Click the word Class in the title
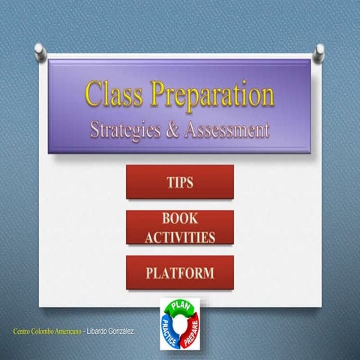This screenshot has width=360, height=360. pos(113,96)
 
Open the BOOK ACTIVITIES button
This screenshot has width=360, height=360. pos(179,227)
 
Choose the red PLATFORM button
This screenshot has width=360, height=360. pos(179,272)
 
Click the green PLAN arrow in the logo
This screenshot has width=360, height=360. pos(178,307)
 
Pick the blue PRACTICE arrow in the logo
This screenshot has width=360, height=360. pos(168,332)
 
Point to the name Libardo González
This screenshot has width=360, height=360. pos(110,331)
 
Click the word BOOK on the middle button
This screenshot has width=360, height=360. pos(179,219)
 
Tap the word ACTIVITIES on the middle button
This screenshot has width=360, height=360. pos(179,237)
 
